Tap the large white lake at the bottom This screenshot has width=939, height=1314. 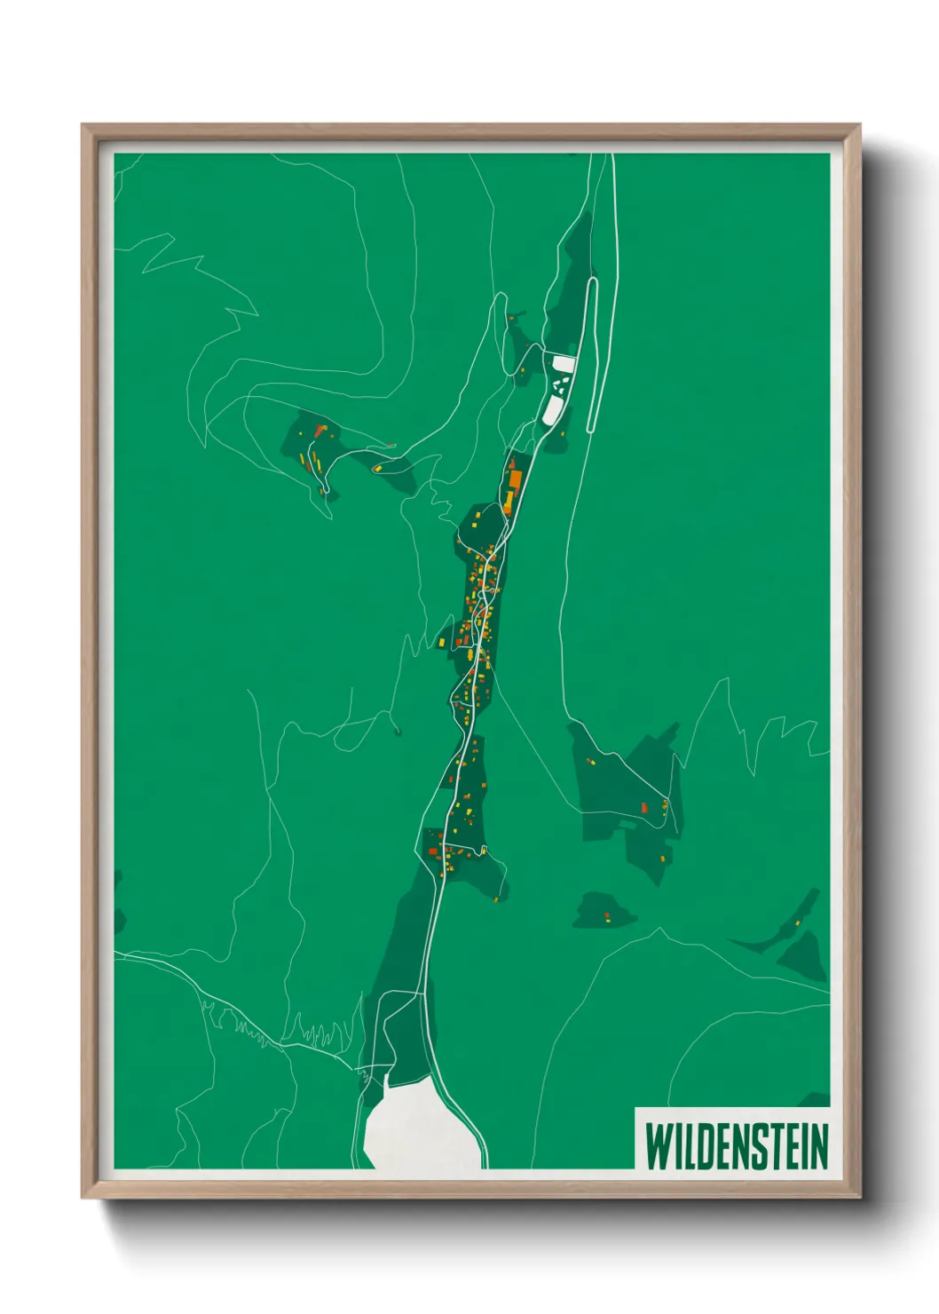click(x=417, y=1132)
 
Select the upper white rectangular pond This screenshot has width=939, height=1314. click(x=564, y=364)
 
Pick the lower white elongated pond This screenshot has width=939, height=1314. click(x=553, y=408)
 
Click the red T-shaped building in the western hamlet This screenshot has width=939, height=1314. click(x=319, y=431)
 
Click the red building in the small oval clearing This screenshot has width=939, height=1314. click(x=607, y=914)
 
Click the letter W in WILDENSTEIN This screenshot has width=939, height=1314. click(x=659, y=1145)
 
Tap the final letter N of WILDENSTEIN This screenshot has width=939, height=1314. click(x=817, y=1145)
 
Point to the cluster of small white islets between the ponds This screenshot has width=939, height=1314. click(x=558, y=385)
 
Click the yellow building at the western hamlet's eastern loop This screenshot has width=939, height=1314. click(x=377, y=468)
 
